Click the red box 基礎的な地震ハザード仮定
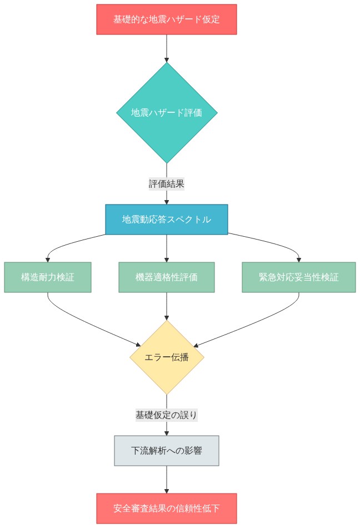167,19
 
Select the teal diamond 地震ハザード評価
167,112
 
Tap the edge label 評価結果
167,183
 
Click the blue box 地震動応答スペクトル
167,220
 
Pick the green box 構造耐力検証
48,277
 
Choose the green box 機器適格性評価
167,277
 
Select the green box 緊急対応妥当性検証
299,277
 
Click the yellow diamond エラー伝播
167,357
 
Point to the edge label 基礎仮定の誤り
167,415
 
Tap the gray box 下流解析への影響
167,451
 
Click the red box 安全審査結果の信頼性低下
167,509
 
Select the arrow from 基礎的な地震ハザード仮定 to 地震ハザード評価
167,48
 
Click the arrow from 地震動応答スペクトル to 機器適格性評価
167,248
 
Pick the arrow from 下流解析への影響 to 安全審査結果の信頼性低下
167,479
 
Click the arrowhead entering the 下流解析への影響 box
167,432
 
